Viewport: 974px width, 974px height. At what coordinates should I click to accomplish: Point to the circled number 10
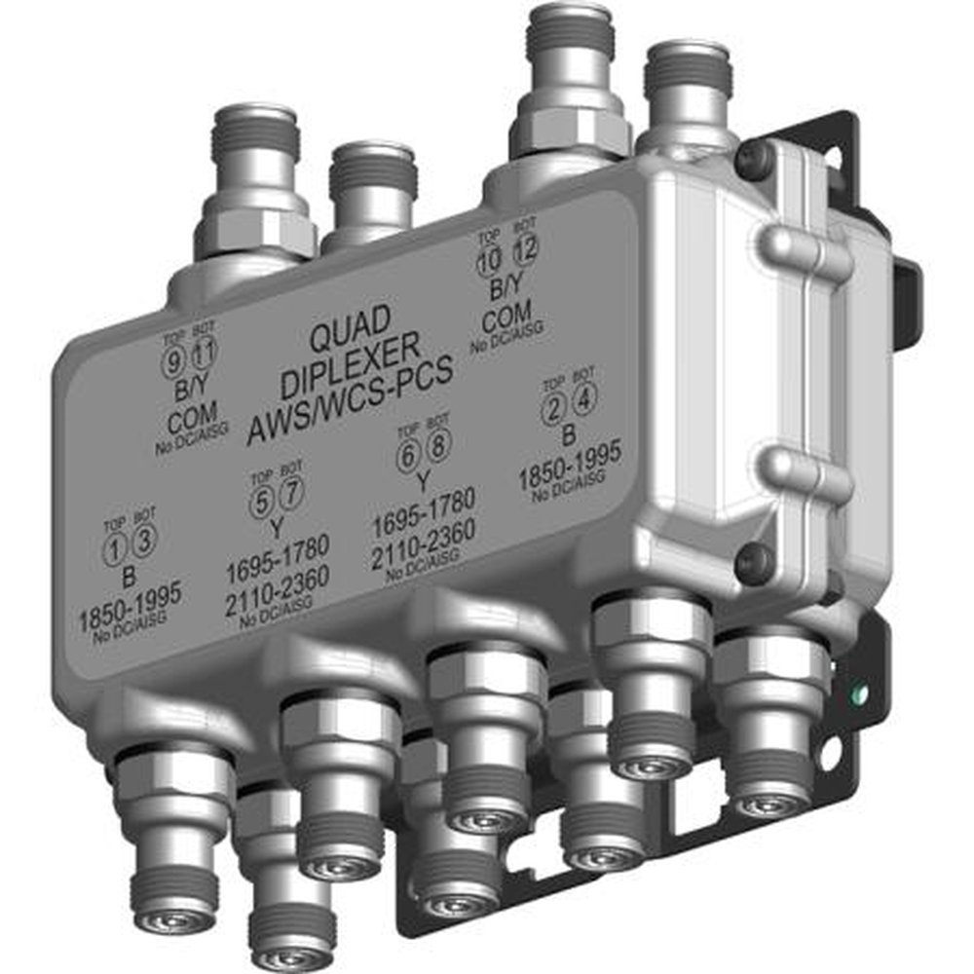coord(489,260)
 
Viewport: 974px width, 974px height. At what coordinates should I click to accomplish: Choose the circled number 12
coord(524,250)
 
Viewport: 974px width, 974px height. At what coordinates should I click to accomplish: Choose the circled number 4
coord(583,398)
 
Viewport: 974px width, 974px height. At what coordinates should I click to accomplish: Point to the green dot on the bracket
coord(858,695)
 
